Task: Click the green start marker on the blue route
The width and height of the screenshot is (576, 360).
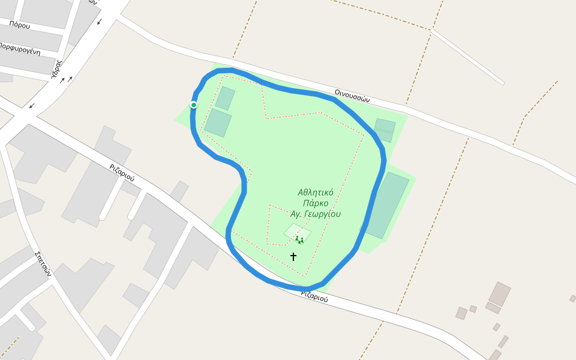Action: pos(194,105)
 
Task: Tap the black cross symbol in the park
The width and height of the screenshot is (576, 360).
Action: pos(293,256)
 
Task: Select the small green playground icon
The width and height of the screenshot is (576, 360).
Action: pos(299,240)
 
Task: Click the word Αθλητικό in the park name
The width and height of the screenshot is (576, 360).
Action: pos(316,193)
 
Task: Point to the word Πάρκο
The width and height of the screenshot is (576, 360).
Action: pos(316,203)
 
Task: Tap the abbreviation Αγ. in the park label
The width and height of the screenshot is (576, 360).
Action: pos(296,214)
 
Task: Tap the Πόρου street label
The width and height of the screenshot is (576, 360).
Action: pos(19,24)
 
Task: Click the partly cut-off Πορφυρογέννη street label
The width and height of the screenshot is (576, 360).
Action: pos(20,49)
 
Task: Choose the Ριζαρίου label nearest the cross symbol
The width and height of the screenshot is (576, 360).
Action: pos(314,296)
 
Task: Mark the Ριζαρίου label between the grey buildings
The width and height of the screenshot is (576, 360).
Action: pos(122,173)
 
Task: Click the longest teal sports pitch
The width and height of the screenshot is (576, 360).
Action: pos(387,205)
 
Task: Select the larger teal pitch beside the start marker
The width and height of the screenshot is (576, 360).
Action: pos(218,122)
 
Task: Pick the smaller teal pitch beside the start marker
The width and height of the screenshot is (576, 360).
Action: pos(225,98)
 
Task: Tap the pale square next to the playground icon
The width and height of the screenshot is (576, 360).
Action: pos(297,232)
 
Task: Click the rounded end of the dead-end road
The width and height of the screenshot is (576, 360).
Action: pos(500,81)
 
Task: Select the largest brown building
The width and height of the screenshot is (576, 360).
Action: pos(499,294)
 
